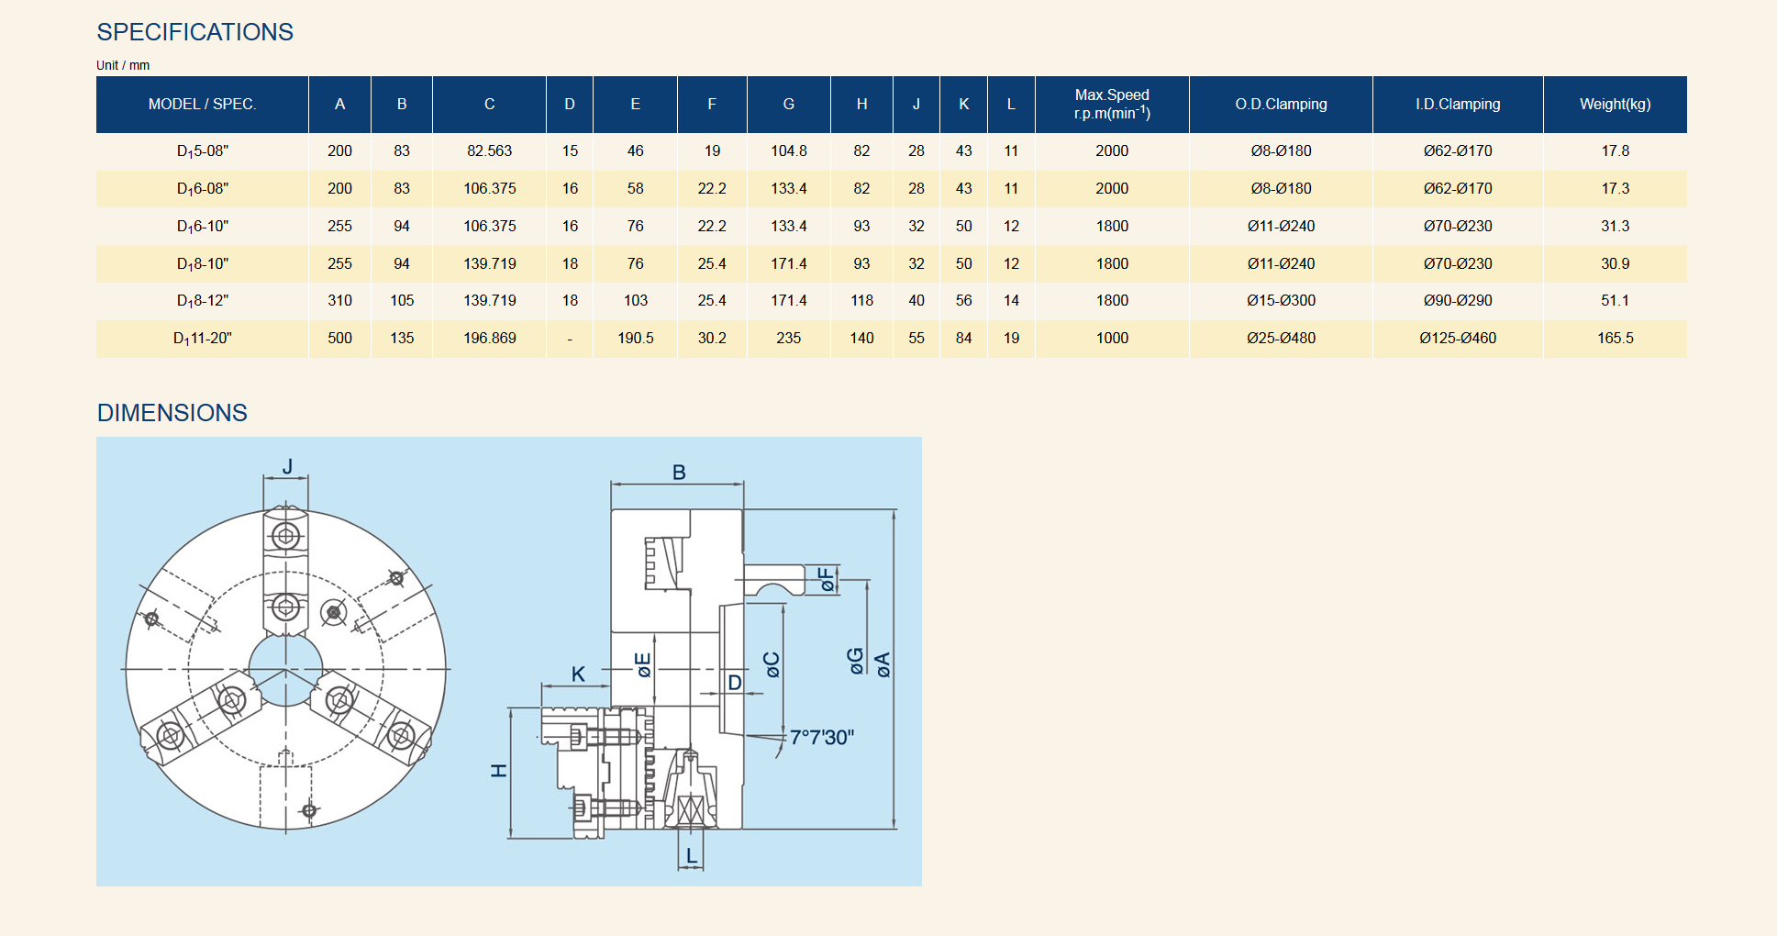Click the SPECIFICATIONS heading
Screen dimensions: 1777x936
click(x=195, y=32)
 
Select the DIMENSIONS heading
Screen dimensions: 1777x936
click(x=172, y=413)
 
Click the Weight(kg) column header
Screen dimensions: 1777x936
click(x=1615, y=105)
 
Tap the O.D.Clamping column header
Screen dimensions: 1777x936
click(x=1281, y=105)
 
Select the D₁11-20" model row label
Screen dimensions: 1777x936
click(x=203, y=339)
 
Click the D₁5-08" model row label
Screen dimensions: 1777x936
click(x=203, y=151)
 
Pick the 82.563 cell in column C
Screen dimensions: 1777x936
click(x=489, y=150)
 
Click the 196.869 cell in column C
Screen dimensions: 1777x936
click(x=489, y=338)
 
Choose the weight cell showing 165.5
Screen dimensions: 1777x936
click(x=1615, y=338)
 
